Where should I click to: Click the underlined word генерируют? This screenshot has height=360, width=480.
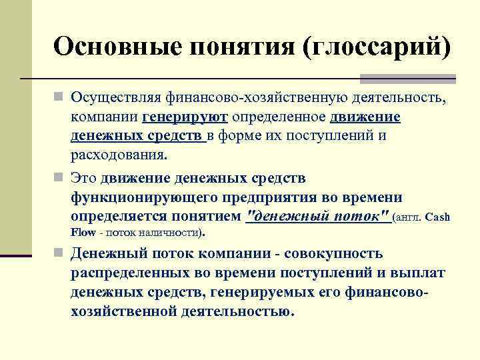pos(185,118)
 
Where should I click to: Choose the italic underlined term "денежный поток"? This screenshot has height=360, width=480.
pos(318,217)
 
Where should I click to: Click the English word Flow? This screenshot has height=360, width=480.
pos(83,233)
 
